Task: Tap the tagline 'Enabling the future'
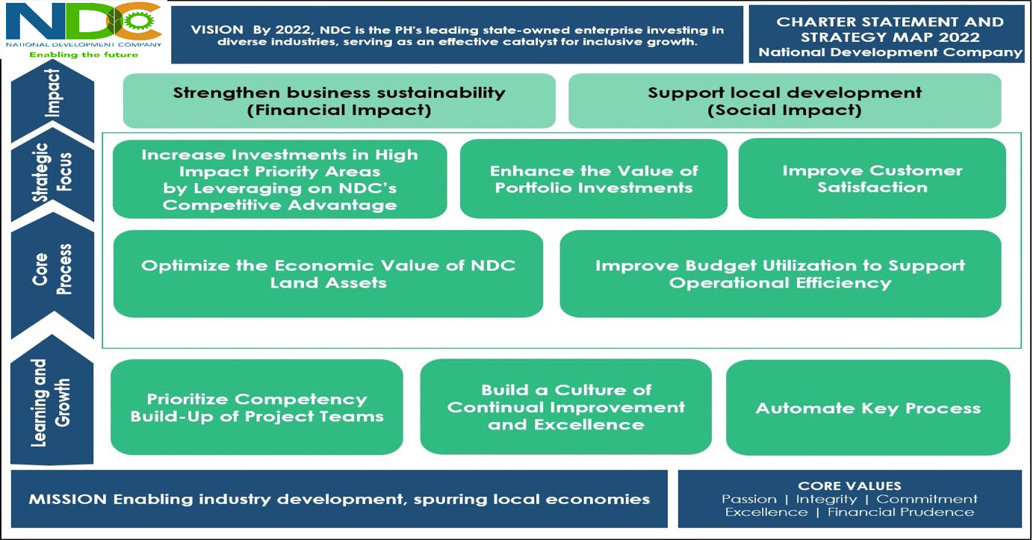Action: coord(84,55)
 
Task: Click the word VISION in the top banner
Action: coord(217,30)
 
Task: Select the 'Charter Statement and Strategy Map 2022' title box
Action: coord(890,34)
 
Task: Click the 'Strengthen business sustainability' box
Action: coord(339,101)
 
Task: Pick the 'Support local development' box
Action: coord(784,101)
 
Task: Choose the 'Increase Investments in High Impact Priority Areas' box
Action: coord(280,179)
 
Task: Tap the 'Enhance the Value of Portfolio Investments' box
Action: coord(594,179)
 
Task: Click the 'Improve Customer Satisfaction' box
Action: coord(872,179)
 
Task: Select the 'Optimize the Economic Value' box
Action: coord(328,274)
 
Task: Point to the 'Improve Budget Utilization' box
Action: coord(781,274)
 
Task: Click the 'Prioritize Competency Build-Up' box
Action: coord(257,408)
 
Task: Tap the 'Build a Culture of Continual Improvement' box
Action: coord(566,407)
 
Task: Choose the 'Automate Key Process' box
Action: coord(868,408)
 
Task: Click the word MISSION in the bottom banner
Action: coord(68,499)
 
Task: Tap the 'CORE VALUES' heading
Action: coord(849,485)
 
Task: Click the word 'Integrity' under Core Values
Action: coord(826,499)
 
